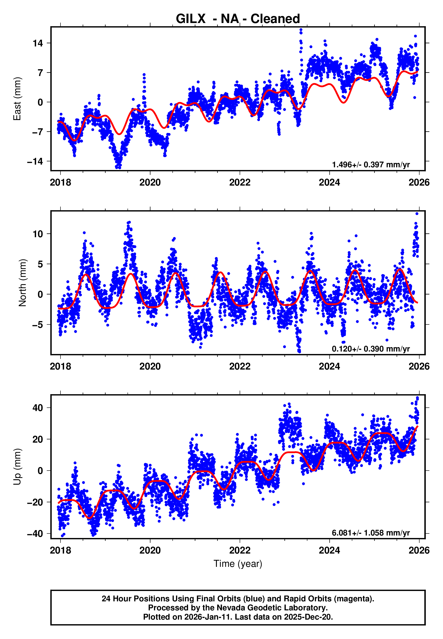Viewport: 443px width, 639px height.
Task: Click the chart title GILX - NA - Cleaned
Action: coord(238,19)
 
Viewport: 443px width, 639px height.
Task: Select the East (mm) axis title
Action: coord(17,99)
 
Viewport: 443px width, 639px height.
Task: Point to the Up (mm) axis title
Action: coord(17,467)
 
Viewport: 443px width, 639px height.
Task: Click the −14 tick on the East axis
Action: coord(35,161)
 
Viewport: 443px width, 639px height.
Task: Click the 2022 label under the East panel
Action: coord(240,182)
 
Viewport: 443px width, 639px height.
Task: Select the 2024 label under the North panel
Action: coord(329,366)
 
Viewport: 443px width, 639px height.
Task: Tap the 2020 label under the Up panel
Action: coord(150,551)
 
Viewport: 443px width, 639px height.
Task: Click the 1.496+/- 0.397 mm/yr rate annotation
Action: coord(371,165)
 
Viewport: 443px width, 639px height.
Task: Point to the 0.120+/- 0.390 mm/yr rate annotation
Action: coord(371,349)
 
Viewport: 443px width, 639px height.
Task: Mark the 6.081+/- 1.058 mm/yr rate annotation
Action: coord(371,533)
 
